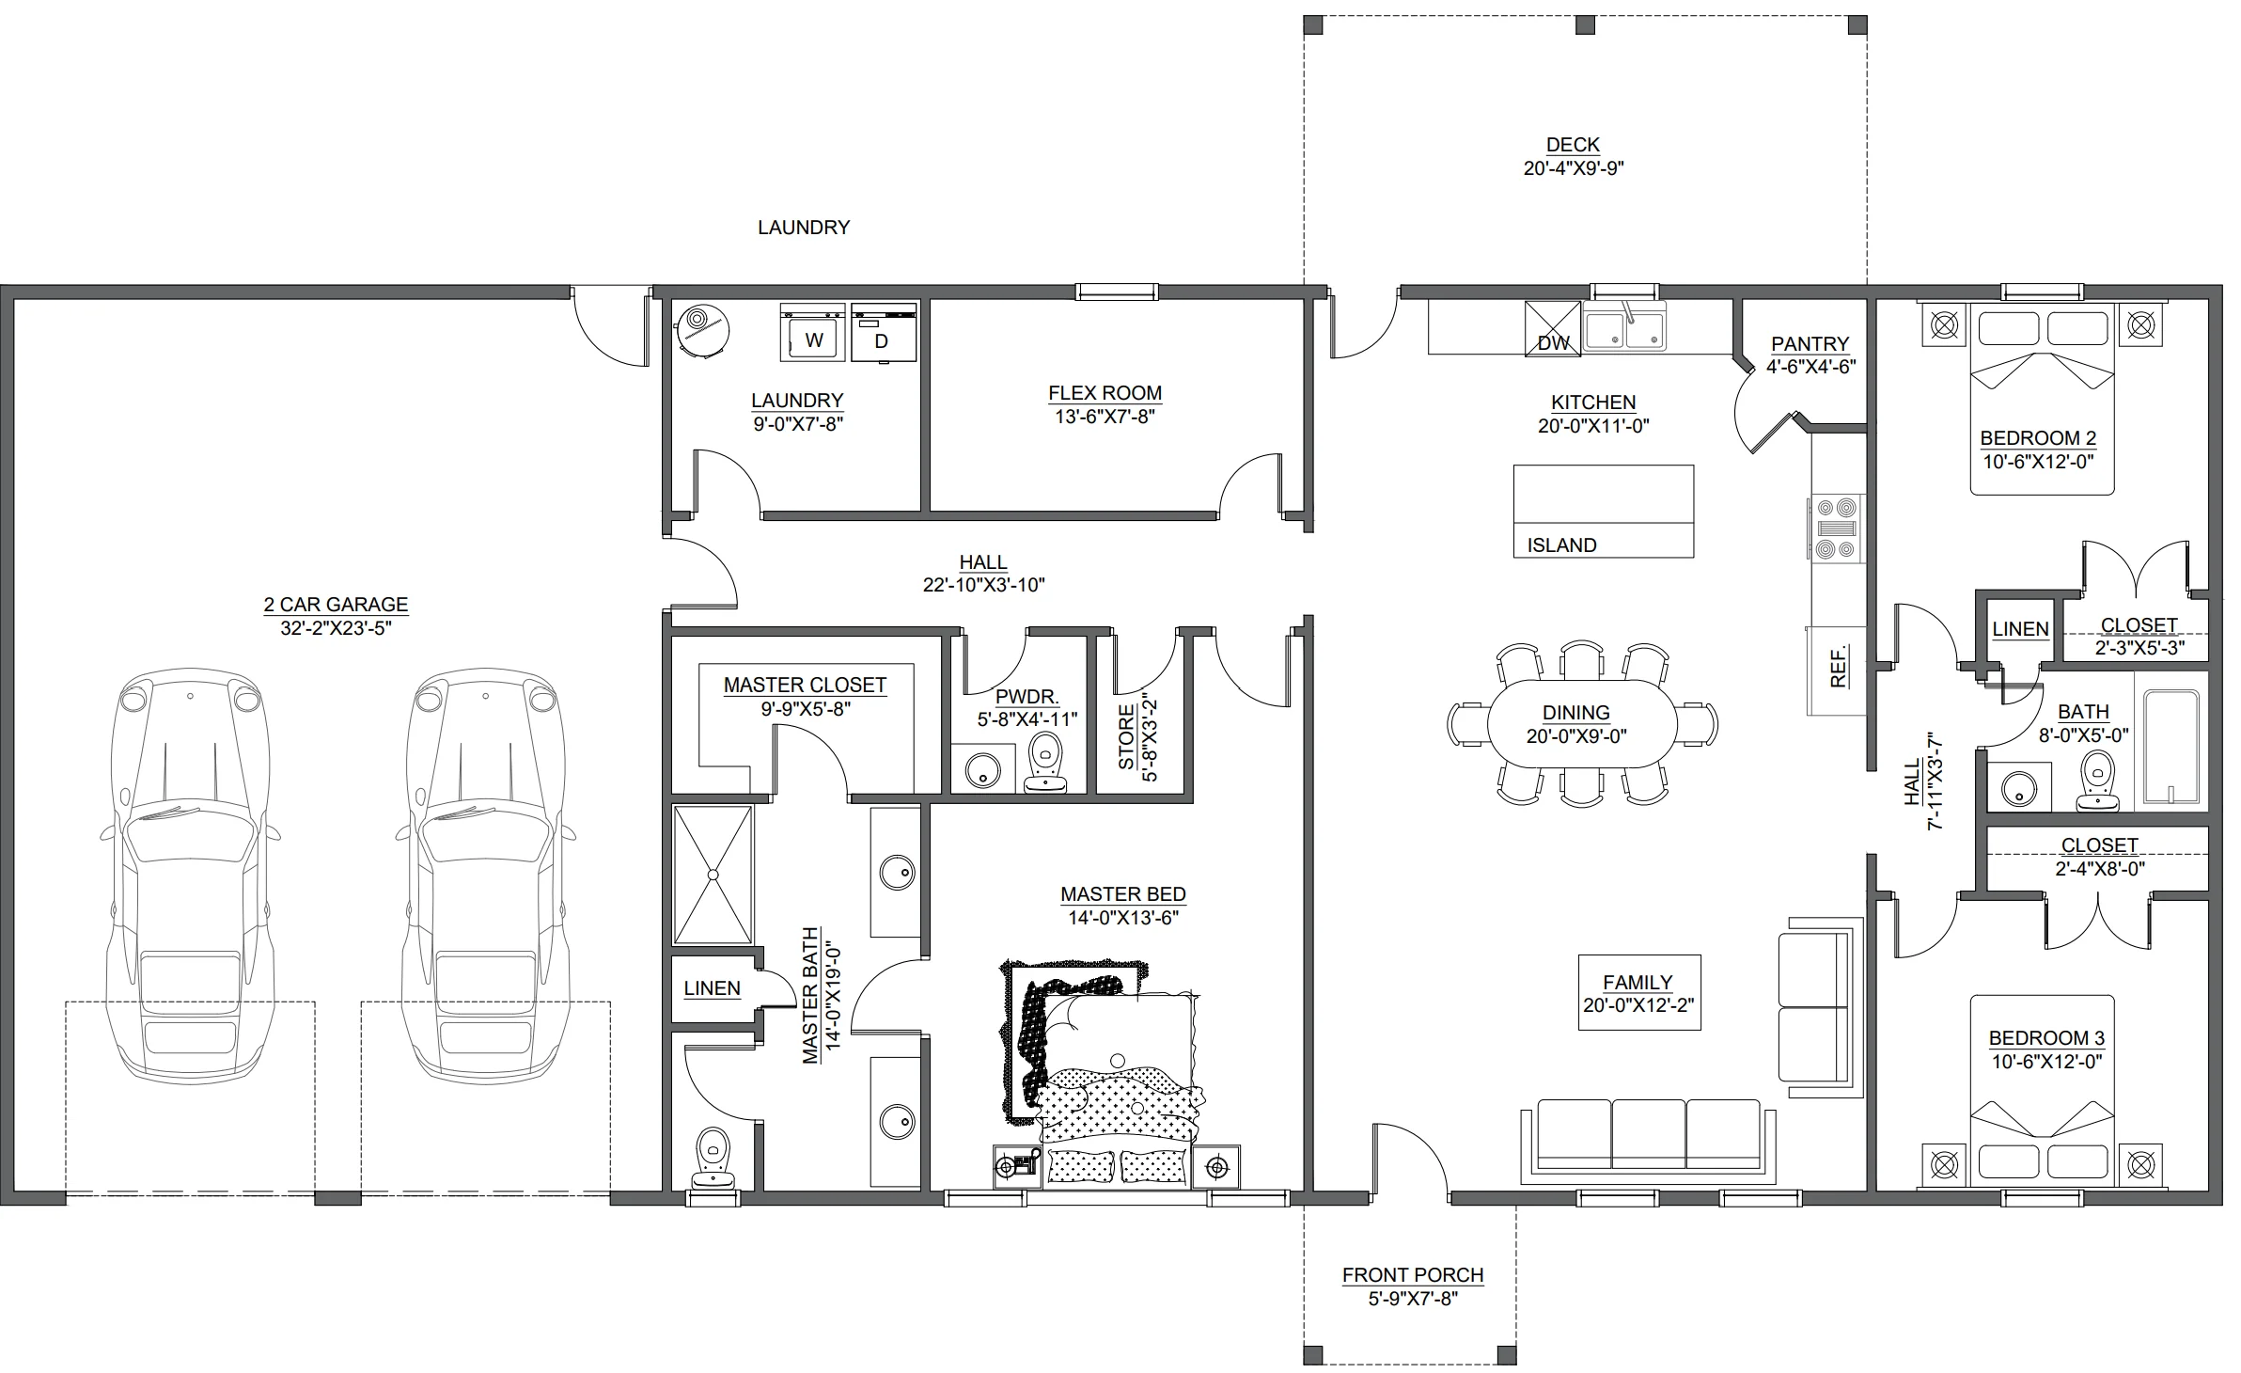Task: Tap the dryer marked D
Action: (x=884, y=332)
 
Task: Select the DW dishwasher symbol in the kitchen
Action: (x=1553, y=327)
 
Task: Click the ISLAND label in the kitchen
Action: (x=1561, y=545)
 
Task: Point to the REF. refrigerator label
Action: (x=1840, y=667)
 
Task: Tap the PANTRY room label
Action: (x=1810, y=344)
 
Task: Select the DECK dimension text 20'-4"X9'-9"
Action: (x=1574, y=169)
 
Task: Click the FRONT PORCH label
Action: (x=1413, y=1275)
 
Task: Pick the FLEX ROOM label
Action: (x=1105, y=393)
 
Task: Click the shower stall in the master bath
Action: (x=713, y=875)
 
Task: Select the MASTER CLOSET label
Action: (x=805, y=686)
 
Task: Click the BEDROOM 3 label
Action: (x=2046, y=1038)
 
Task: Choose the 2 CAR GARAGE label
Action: (x=336, y=605)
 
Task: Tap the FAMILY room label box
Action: (x=1638, y=992)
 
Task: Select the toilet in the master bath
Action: (x=712, y=1159)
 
